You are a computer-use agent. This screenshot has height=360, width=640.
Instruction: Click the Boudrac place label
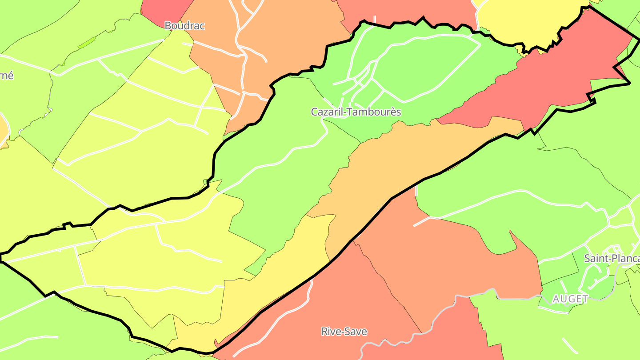click(184, 26)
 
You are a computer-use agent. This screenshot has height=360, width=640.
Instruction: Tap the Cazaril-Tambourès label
click(356, 112)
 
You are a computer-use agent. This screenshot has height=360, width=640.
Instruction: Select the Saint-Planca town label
click(612, 258)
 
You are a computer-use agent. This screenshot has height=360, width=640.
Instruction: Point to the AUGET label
click(570, 299)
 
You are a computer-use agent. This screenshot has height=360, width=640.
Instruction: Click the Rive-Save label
click(344, 332)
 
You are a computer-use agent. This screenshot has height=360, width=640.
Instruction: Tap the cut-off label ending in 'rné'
click(7, 76)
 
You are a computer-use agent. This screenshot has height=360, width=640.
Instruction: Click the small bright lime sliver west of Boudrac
click(87, 43)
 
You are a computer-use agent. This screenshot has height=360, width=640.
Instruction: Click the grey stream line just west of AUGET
click(516, 296)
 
